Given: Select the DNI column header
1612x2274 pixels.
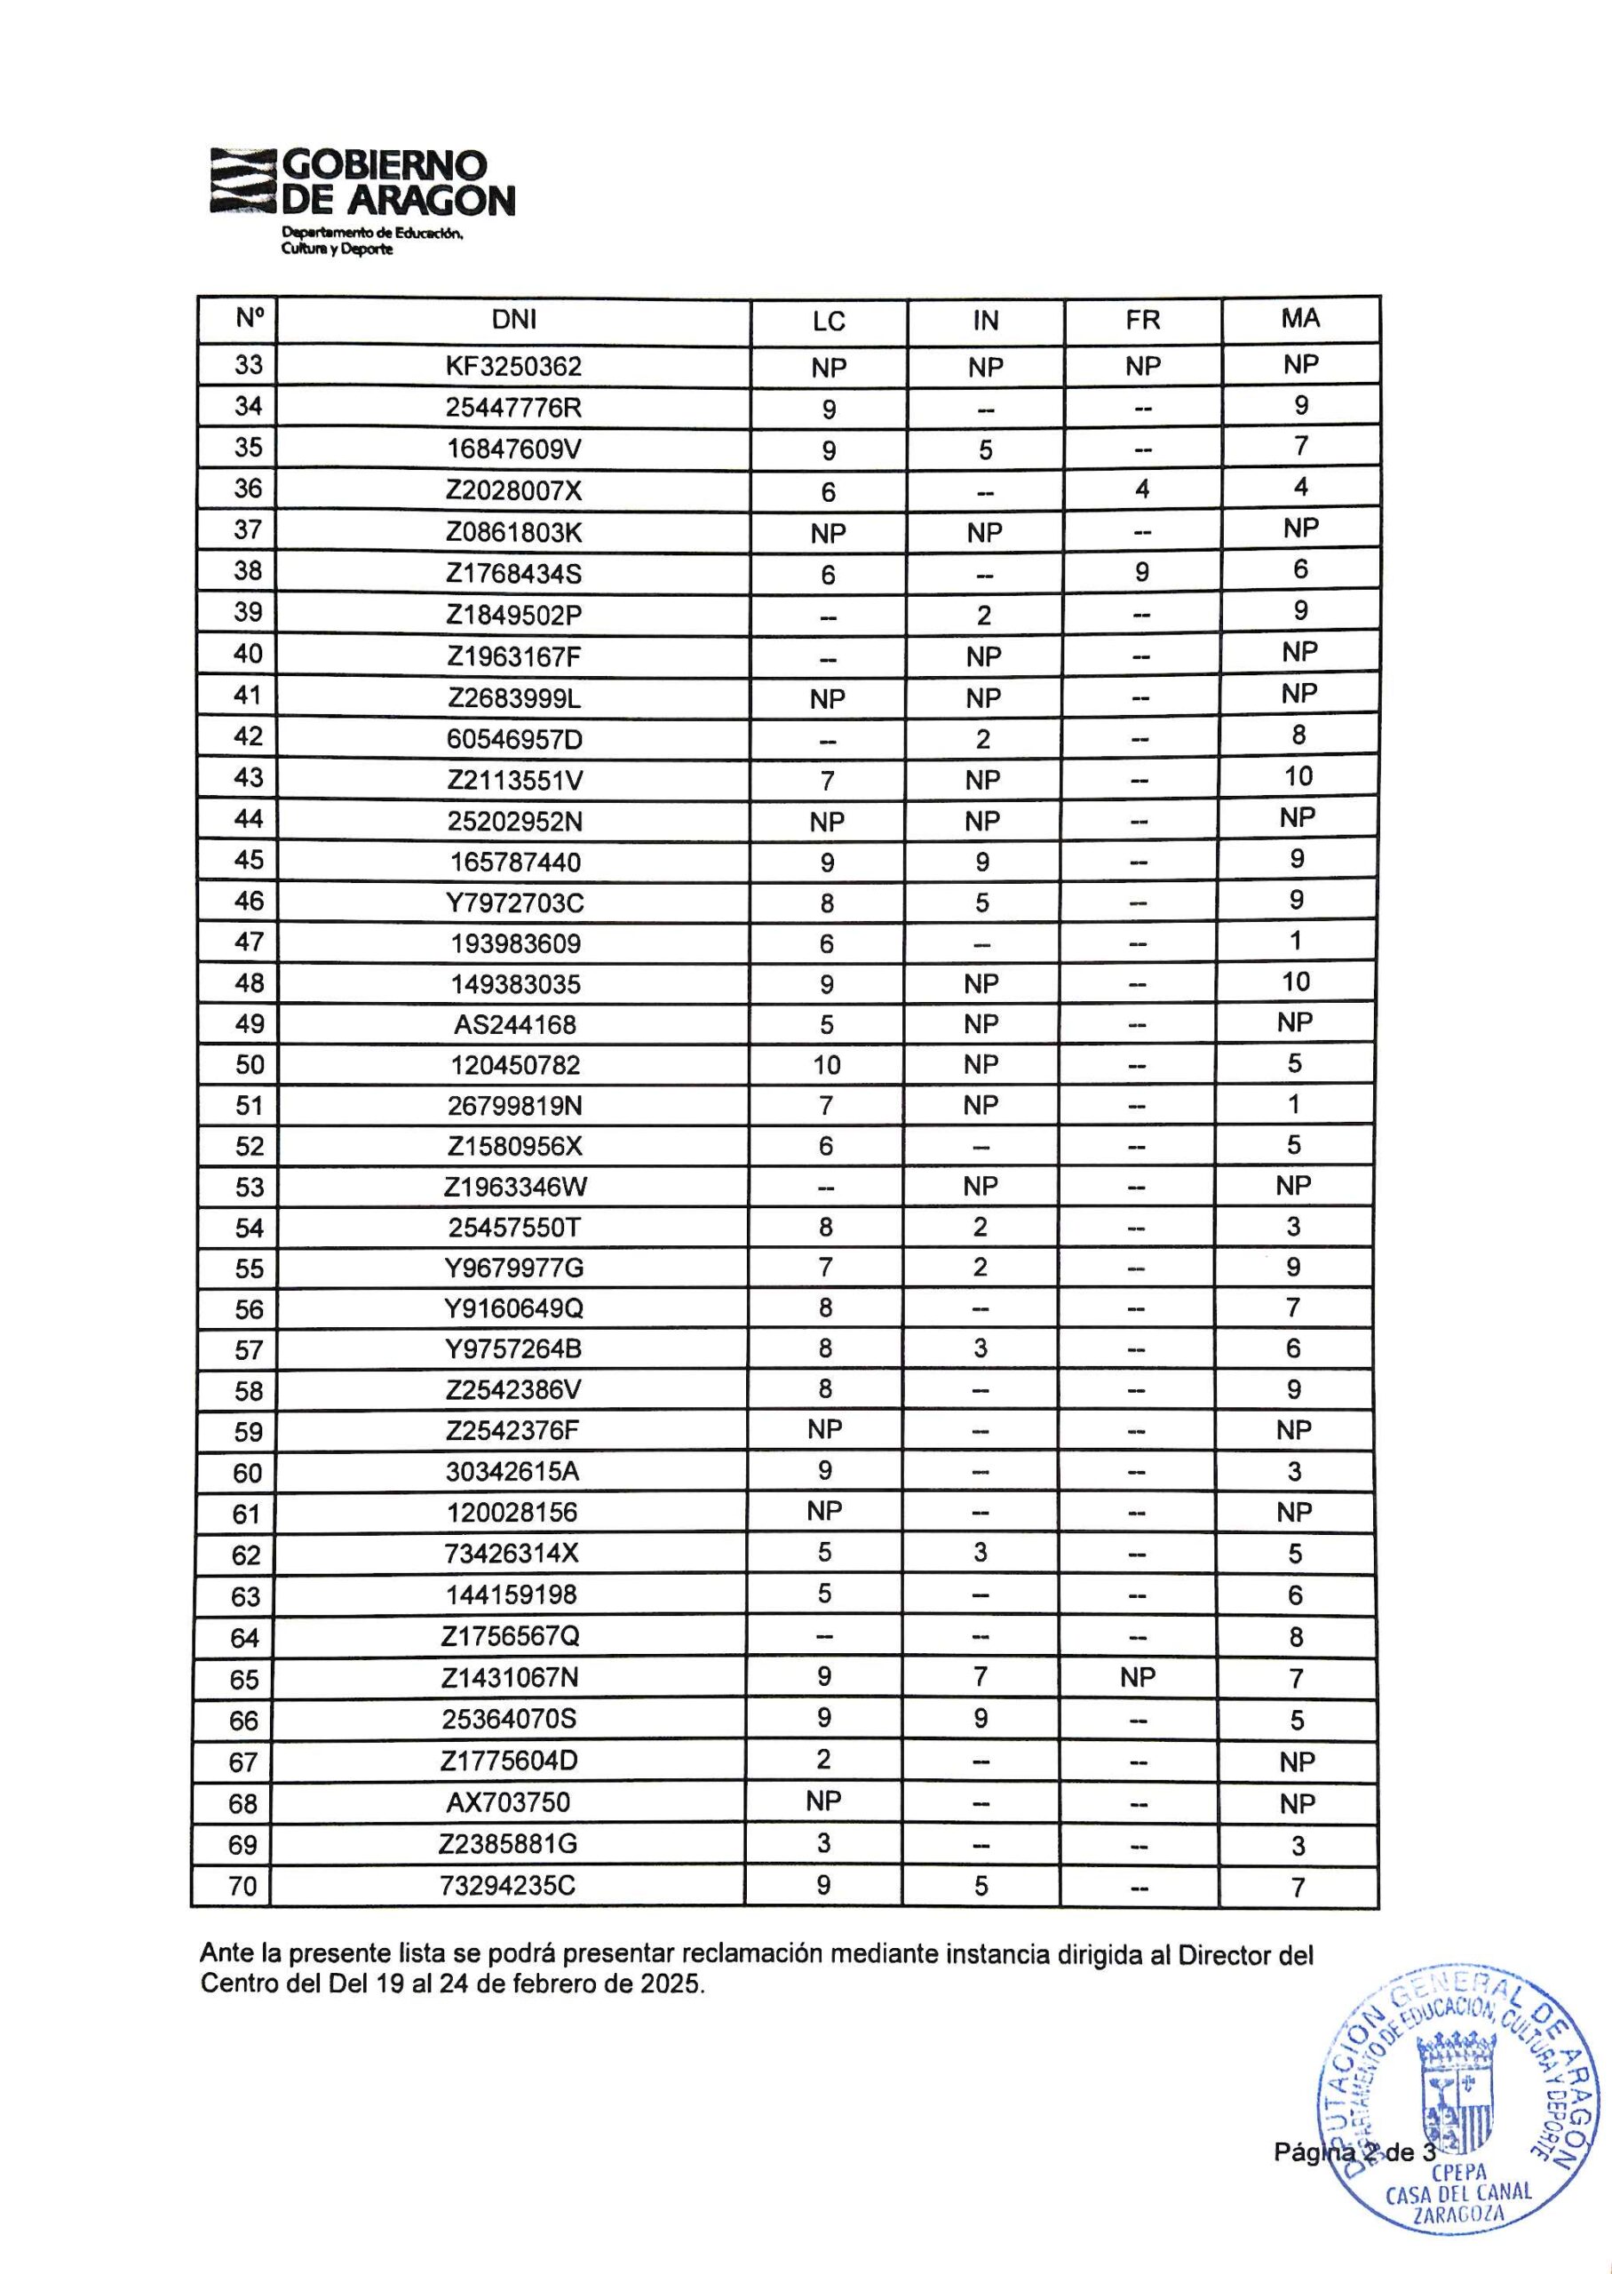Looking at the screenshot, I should [513, 320].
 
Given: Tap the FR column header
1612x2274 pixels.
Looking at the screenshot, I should [1142, 320].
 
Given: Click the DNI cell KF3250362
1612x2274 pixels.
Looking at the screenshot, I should [513, 366].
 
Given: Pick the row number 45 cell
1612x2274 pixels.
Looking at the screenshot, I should [248, 860].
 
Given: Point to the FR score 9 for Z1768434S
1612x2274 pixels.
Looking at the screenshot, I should [1142, 572].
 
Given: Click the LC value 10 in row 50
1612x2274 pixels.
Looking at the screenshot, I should [826, 1065].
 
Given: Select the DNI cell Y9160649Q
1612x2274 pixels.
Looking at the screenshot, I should [513, 1308].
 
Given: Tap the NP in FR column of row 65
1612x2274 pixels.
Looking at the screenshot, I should [1138, 1677].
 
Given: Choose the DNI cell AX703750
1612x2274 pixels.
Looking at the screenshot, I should [508, 1801].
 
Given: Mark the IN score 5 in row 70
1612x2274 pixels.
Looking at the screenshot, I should [981, 1885].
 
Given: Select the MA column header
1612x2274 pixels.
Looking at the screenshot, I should [1300, 318].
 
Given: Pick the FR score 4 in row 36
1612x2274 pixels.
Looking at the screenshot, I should [1142, 489].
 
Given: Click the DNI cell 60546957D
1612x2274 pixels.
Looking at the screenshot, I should [513, 739].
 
